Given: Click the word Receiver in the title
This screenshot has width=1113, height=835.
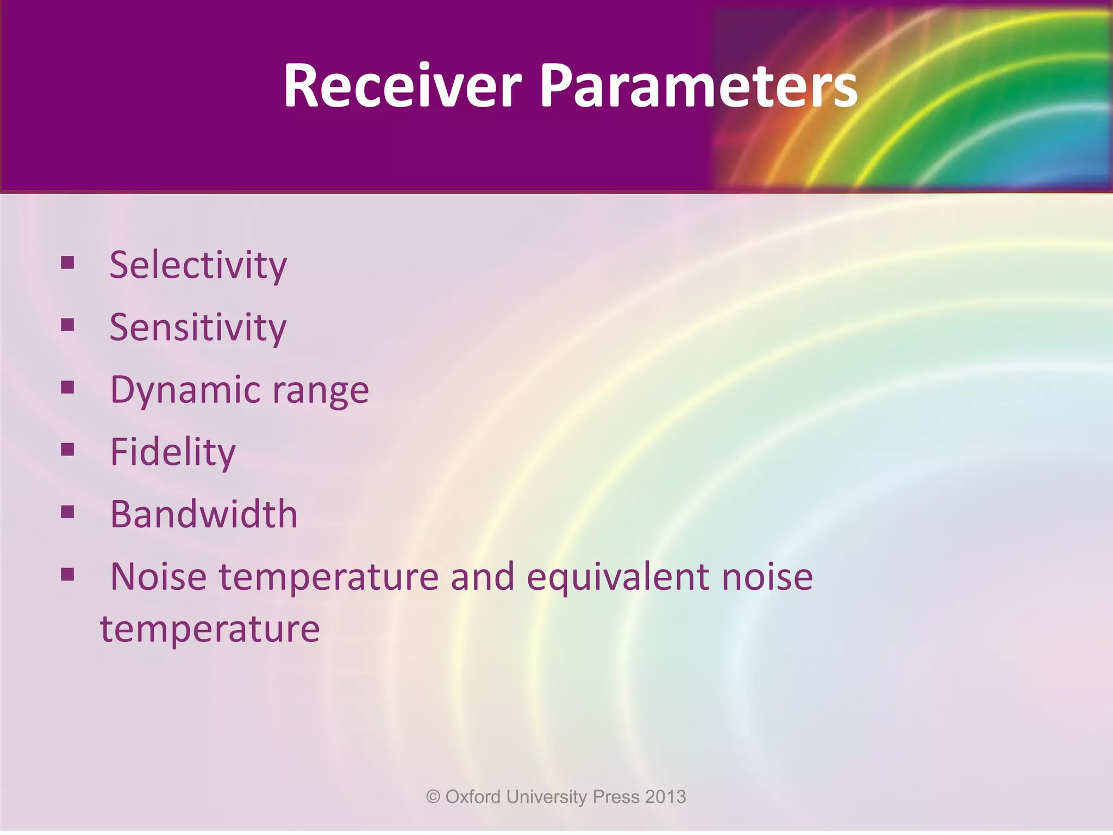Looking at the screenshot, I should pos(402,86).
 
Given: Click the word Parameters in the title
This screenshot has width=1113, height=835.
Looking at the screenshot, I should pos(698,86).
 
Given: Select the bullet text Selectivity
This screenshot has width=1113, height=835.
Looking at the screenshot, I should pos(198,265).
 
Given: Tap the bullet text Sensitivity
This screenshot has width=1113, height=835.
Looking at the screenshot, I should pos(198,328).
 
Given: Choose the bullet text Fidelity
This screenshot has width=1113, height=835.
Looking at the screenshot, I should pos(173,452).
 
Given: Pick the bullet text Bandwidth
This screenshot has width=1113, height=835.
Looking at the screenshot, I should pos(204,514).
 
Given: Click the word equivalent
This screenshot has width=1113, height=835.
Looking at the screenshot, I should pos(617,577).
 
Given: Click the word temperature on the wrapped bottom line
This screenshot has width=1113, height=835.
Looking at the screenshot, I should pos(210,630).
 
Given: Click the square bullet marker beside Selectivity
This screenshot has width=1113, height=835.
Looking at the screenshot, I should pos(67,263).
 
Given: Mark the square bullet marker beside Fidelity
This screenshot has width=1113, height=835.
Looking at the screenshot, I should pos(67,450).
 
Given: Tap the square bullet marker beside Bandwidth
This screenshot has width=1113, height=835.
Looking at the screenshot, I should pos(67,512).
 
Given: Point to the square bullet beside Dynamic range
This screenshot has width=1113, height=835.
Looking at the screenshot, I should pos(67,388).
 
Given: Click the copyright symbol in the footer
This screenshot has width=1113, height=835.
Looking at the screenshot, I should pos(433,797).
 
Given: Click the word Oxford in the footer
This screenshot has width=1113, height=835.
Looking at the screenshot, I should pos(473,797).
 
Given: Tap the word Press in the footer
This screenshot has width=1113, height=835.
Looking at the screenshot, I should pos(616,797).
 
